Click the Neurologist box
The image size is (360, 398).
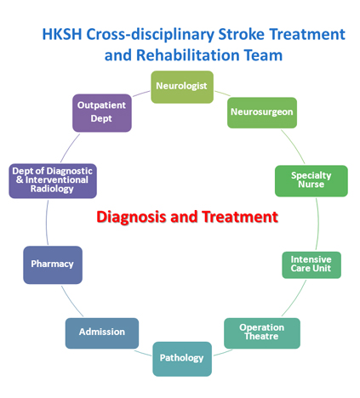pos(182,87)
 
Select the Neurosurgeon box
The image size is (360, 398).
pos(262,112)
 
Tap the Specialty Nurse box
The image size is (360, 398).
pos(311,181)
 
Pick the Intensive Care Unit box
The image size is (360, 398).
pos(311,264)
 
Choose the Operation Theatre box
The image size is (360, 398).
pos(262,333)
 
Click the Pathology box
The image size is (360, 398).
pos(182,359)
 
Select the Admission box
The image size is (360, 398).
pos(102,333)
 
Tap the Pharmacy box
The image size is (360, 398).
pos(53,264)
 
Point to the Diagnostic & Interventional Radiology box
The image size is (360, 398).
pos(53,181)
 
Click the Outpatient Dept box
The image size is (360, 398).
pos(102,113)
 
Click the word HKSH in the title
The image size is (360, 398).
pos(62,34)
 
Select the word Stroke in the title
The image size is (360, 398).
pos(241,34)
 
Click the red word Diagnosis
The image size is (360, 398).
pos(131,217)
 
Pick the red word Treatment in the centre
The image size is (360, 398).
pos(240,217)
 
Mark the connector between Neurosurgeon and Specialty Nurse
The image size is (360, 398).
pos(294,145)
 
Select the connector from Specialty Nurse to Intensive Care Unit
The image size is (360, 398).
pos(317,224)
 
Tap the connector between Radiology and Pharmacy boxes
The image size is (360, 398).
pos(47,223)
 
